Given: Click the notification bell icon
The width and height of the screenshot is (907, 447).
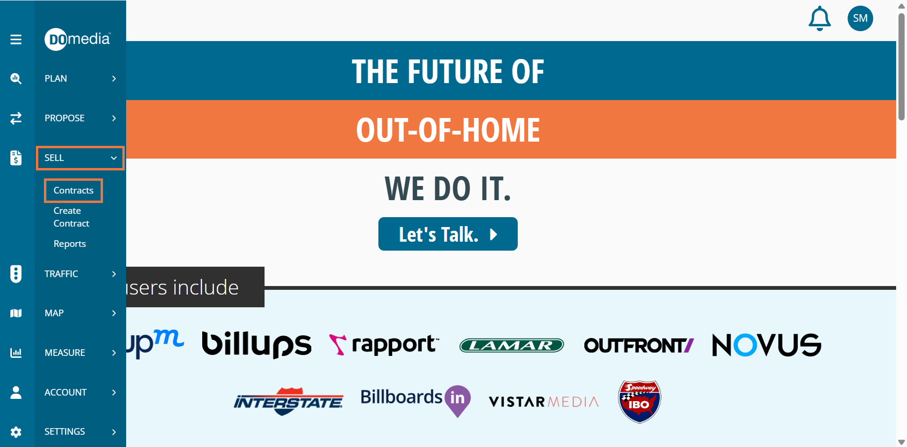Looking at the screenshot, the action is [x=820, y=18].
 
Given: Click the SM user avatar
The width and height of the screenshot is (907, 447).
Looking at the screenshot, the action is [x=860, y=18].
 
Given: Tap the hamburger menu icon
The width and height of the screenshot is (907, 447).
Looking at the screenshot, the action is [x=16, y=39].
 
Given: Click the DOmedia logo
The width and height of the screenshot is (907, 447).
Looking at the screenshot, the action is [x=77, y=39].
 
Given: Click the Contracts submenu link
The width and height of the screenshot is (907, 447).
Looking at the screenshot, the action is [x=73, y=190].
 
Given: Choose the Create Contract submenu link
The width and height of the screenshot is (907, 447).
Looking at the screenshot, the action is [x=71, y=217].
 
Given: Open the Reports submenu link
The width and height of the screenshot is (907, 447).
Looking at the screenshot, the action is [x=69, y=244].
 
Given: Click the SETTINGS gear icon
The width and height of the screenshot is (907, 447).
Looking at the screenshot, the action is [x=16, y=432].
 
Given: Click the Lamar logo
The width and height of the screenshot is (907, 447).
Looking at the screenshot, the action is [x=512, y=346].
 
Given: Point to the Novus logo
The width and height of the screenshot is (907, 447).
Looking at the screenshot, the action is [x=766, y=345].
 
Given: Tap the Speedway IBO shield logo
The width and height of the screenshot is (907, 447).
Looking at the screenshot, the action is [x=640, y=402].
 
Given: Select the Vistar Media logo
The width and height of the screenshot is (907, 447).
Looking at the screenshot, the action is [x=544, y=402].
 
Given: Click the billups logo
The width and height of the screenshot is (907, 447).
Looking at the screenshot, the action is [x=257, y=344].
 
